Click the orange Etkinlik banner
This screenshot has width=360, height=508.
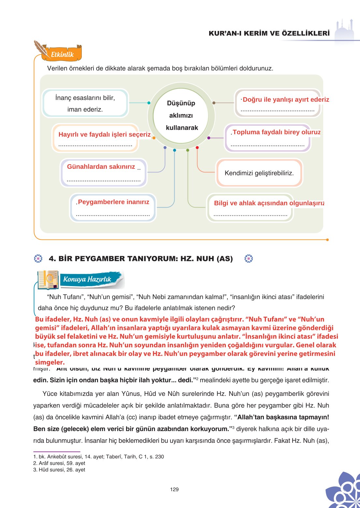pyautogui.click(x=62, y=54)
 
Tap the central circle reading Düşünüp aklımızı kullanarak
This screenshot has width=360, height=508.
pyautogui.click(x=181, y=115)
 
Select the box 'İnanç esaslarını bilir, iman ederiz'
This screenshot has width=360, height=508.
pyautogui.click(x=85, y=103)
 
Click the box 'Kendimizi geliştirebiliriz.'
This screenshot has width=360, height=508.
pyautogui.click(x=259, y=173)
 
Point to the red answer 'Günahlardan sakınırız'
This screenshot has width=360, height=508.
pyautogui.click(x=101, y=167)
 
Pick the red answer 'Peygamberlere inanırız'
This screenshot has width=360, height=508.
pyautogui.click(x=113, y=202)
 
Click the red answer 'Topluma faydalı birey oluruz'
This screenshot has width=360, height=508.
pyautogui.click(x=276, y=132)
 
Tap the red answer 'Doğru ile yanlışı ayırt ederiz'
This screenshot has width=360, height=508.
pyautogui.click(x=286, y=100)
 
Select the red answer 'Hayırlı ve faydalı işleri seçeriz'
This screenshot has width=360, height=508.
pyautogui.click(x=104, y=135)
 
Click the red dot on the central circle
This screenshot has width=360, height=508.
pyautogui.click(x=197, y=148)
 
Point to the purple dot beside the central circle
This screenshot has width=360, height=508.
pyautogui.click(x=209, y=138)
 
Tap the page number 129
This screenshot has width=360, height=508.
pyautogui.click(x=174, y=489)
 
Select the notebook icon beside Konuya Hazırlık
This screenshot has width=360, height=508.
pyautogui.click(x=48, y=280)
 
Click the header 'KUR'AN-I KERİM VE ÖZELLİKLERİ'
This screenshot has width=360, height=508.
pyautogui.click(x=269, y=33)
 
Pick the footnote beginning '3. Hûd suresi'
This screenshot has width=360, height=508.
pyautogui.click(x=59, y=470)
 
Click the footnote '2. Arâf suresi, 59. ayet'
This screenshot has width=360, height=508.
pyautogui.click(x=59, y=463)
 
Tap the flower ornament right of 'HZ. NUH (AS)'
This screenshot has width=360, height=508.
pyautogui.click(x=249, y=259)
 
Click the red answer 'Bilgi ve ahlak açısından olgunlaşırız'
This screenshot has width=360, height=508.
pyautogui.click(x=269, y=203)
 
